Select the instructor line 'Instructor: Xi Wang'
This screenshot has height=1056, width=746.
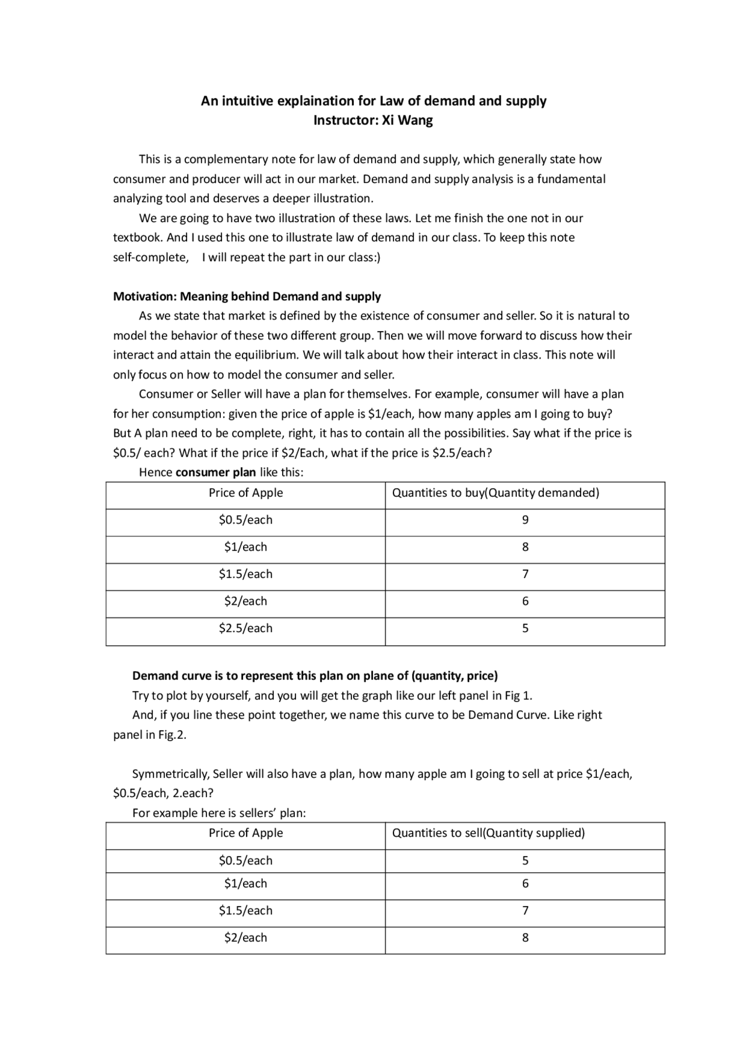point(373,121)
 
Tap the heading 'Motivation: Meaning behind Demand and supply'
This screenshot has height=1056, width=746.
point(247,296)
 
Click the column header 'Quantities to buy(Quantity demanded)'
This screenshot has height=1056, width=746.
point(495,493)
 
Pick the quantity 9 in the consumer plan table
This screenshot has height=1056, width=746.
point(525,520)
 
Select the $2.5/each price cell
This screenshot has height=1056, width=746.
point(245,629)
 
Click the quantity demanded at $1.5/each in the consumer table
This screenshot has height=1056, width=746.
point(525,574)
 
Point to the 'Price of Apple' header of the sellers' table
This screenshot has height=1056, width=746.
point(245,833)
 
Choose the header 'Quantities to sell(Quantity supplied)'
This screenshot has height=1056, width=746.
point(488,833)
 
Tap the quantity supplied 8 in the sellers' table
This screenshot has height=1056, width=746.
point(525,938)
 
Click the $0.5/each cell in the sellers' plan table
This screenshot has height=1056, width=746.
point(245,861)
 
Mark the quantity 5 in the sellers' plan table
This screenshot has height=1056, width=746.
point(525,861)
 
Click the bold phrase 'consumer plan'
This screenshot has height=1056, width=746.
point(216,472)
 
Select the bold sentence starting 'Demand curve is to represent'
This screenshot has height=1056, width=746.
point(315,676)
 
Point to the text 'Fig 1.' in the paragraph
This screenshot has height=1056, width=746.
point(518,696)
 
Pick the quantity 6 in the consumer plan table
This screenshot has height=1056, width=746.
point(525,601)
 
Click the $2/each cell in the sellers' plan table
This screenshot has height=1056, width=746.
point(245,938)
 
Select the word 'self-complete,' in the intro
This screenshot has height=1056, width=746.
point(151,258)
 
